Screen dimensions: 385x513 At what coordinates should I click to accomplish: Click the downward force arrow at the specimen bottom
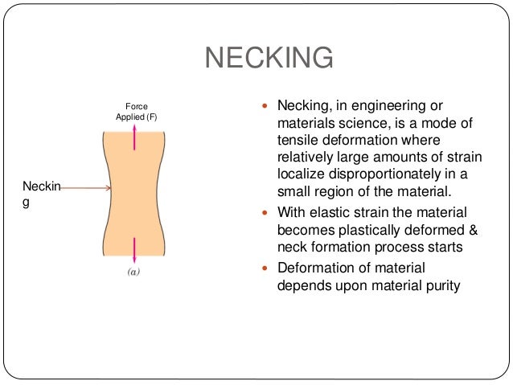click(x=134, y=247)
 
